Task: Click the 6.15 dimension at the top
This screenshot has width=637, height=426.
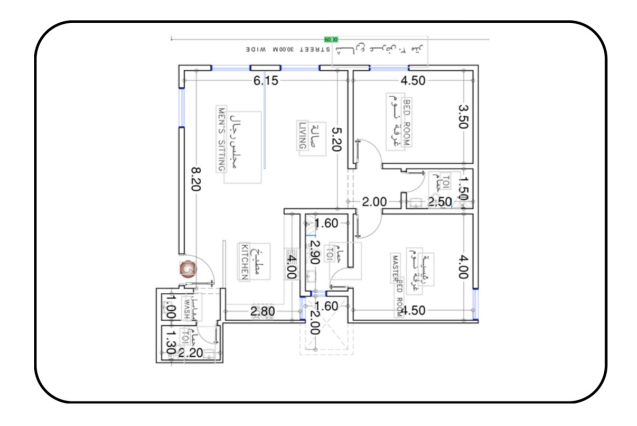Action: pyautogui.click(x=266, y=80)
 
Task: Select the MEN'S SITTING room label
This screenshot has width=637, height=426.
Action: pyautogui.click(x=221, y=140)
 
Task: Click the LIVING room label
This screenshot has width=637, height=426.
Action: pyautogui.click(x=303, y=135)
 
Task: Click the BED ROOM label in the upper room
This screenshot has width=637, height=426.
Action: pyautogui.click(x=406, y=123)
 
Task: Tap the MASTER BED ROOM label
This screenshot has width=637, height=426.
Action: pyautogui.click(x=397, y=285)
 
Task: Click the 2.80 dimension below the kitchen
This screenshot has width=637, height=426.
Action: pyautogui.click(x=263, y=311)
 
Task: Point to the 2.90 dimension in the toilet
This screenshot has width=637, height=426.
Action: pyautogui.click(x=315, y=252)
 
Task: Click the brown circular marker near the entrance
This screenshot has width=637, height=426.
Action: pyautogui.click(x=188, y=268)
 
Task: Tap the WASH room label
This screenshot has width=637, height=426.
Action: pyautogui.click(x=186, y=308)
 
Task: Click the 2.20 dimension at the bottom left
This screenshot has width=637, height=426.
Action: pyautogui.click(x=190, y=353)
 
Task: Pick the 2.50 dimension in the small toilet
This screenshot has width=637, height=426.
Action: pyautogui.click(x=439, y=201)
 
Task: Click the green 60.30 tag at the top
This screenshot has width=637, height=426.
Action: pyautogui.click(x=331, y=39)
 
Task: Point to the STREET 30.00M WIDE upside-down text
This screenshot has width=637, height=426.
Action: pyautogui.click(x=288, y=49)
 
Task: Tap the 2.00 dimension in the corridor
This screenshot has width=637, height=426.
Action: pyautogui.click(x=374, y=201)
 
